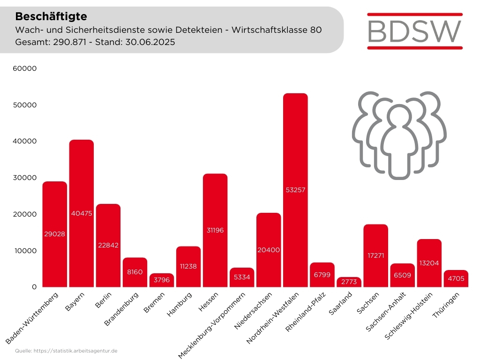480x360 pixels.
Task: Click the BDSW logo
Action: (415, 30)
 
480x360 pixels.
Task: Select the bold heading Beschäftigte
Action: (51, 16)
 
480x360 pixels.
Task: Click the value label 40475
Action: (82, 213)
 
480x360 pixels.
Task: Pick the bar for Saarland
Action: (349, 282)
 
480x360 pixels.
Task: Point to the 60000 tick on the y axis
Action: (25, 68)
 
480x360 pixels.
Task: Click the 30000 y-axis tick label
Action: (25, 178)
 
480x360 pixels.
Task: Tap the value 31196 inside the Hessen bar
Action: (215, 230)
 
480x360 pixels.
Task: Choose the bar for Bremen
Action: (162, 280)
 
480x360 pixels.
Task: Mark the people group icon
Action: (399, 135)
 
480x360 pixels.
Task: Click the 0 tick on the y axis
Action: (34, 287)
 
